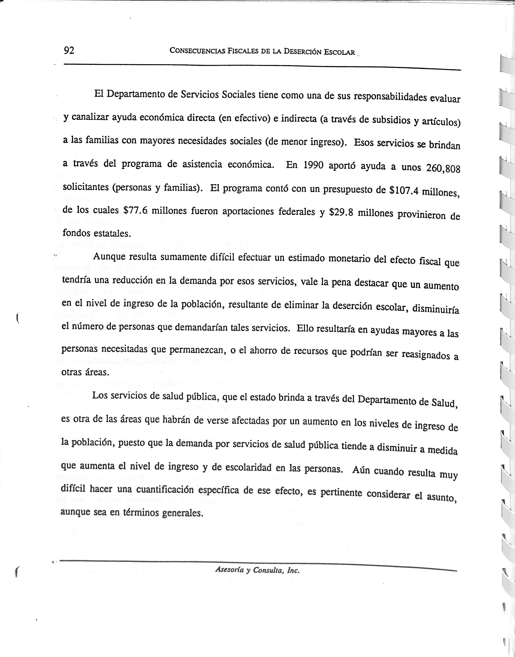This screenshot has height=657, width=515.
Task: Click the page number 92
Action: click(69, 50)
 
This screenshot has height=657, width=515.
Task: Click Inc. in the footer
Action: click(293, 571)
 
